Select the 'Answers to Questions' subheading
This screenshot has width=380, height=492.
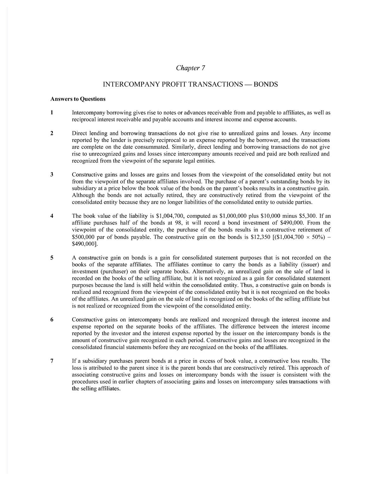[78, 99]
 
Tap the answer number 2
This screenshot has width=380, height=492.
[52, 133]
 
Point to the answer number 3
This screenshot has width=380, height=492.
[52, 175]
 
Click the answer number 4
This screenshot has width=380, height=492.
[52, 216]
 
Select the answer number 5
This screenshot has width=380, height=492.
[52, 258]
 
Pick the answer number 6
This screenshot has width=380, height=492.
[52, 320]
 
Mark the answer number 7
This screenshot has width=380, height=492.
[52, 361]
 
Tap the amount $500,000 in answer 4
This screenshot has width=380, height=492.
[83, 237]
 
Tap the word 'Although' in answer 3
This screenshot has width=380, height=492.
[83, 195]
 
